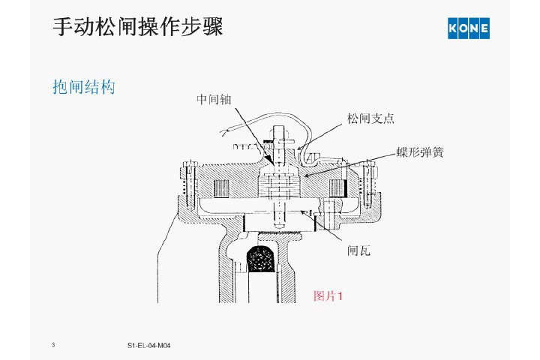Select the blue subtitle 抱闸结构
coord(83,88)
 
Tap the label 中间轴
coord(214,98)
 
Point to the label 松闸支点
coord(370,118)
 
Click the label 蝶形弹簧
coord(420,152)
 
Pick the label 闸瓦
coord(358,251)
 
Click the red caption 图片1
coord(328,295)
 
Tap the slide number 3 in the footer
coord(54,344)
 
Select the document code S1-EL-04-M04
coord(150,345)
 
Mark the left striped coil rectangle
coord(221,188)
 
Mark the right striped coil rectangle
coord(340,187)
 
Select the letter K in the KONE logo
coord(454,28)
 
